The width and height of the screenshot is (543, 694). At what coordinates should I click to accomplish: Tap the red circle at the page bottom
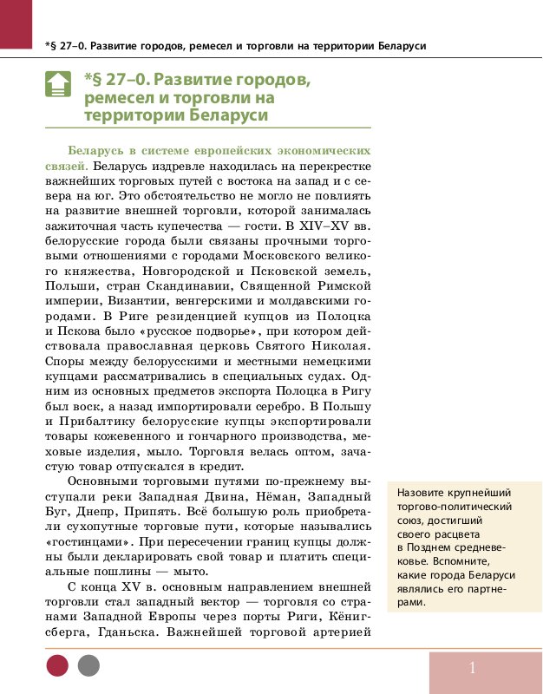click(x=57, y=665)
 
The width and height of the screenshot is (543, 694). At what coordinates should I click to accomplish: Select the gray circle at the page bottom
click(x=88, y=665)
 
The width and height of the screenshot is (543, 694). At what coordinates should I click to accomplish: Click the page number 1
click(x=473, y=667)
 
